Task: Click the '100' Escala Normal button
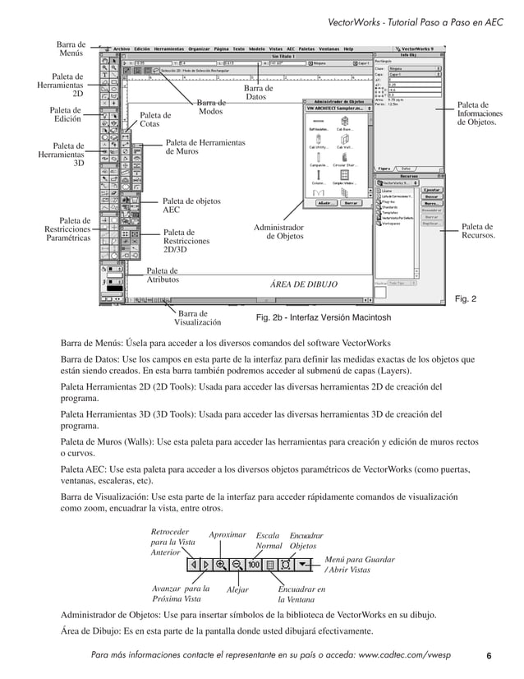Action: pos(253,565)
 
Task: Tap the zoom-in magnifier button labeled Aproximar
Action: pos(220,565)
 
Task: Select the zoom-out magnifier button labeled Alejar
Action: pos(237,565)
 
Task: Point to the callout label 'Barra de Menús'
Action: pos(71,48)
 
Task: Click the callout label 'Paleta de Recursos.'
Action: pos(477,231)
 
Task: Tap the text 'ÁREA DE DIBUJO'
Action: pos(303,284)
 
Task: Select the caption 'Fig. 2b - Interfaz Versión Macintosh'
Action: pos(324,317)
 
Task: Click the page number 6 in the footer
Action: pos(489,656)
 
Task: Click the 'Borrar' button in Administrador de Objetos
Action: pos(351,201)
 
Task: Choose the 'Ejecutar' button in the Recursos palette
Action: pos(432,189)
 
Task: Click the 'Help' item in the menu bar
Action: pos(349,48)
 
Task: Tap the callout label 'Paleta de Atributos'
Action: pos(163,275)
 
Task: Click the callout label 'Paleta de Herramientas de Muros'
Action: pos(205,147)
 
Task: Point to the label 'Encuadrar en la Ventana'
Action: pos(301,594)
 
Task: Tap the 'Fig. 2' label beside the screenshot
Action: pos(465,299)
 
